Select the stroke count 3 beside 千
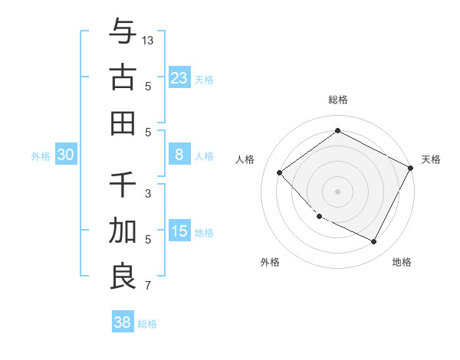(x=148, y=194)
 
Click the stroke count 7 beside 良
(x=148, y=286)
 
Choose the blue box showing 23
(x=179, y=77)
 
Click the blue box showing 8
(x=179, y=155)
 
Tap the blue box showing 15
(x=179, y=231)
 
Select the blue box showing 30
(x=66, y=155)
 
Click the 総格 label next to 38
(x=147, y=324)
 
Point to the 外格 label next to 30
(x=41, y=156)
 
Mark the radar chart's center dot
(x=337, y=191)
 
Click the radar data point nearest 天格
(x=411, y=168)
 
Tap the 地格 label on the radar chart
(x=402, y=262)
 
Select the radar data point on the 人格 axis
(x=280, y=172)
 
